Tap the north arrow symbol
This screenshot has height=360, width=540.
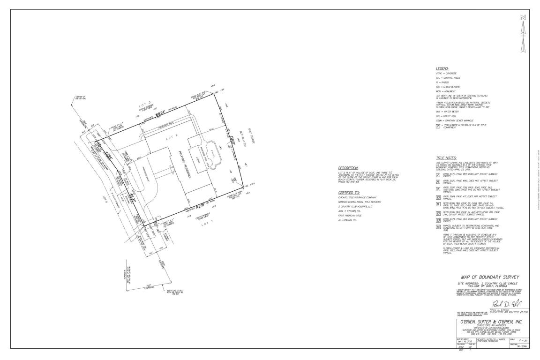[523, 35]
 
